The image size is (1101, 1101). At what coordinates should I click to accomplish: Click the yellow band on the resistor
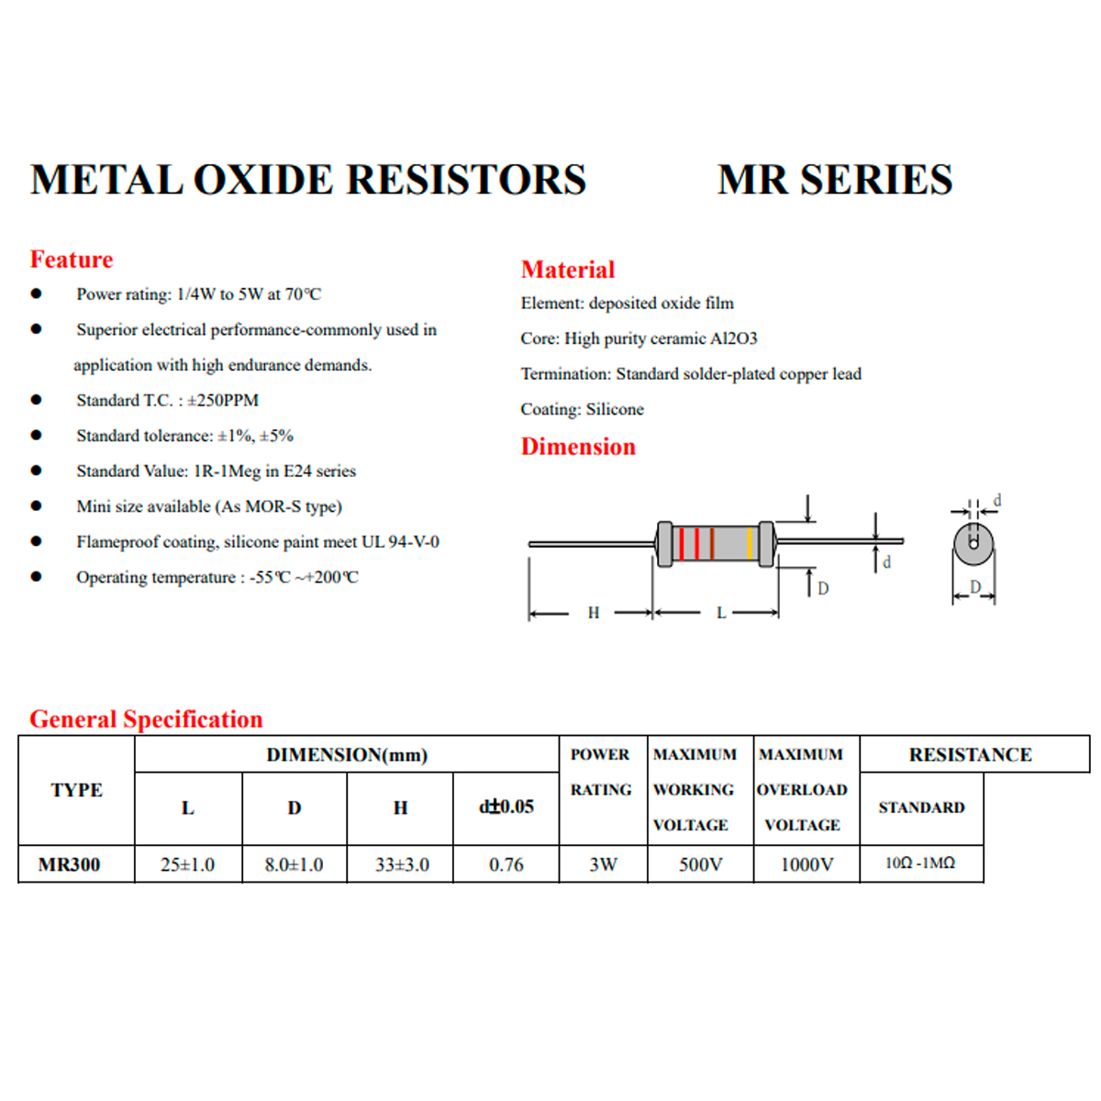pos(750,544)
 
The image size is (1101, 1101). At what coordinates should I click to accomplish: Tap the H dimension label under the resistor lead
pos(594,613)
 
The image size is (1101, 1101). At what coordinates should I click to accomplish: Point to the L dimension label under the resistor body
pos(721,613)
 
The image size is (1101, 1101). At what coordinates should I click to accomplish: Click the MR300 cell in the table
pos(70,864)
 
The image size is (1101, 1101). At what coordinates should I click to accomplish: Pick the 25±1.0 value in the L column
pos(187,864)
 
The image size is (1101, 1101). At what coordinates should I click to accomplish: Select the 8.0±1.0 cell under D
pos(294,864)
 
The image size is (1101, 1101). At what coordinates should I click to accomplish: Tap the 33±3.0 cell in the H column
pos(401,864)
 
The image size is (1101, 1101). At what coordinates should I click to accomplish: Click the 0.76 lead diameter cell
pos(506,864)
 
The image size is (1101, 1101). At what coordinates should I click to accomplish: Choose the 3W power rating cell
pos(603,864)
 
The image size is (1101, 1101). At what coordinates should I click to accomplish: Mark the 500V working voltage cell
pos(700,864)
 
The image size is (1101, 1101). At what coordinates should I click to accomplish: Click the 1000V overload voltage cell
pos(806,864)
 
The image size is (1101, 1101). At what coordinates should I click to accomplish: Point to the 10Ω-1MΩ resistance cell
pos(920,863)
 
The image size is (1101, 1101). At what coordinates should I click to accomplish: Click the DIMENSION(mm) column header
pos(347,755)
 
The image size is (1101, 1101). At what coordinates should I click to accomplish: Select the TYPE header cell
pos(76,790)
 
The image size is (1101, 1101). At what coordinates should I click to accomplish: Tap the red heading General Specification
pos(146,719)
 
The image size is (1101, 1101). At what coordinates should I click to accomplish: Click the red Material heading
pos(568,270)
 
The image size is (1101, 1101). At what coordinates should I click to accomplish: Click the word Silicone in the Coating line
pos(615,409)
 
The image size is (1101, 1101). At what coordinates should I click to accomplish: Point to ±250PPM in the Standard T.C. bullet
pos(223,400)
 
